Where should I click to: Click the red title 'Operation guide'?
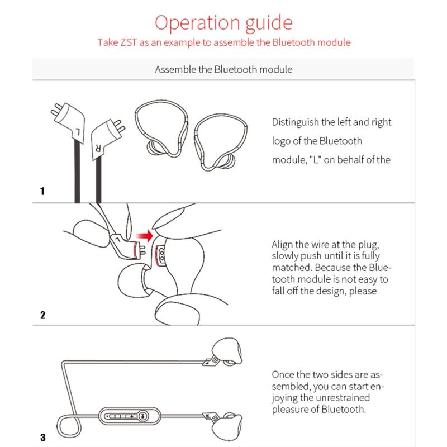[x=223, y=23]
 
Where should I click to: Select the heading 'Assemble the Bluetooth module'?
[x=223, y=70]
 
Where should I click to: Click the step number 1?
[x=42, y=191]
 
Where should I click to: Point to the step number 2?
[x=42, y=315]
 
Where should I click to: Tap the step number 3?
[x=42, y=437]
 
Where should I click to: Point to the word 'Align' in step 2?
[x=282, y=244]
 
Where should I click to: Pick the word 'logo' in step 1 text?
[x=281, y=141]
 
